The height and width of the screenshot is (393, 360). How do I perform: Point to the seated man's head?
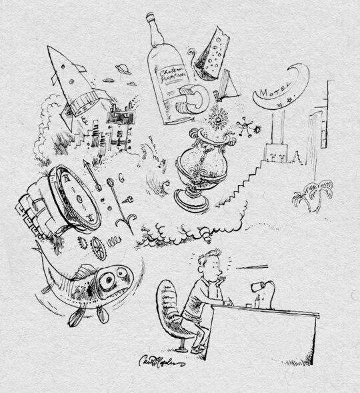click(x=210, y=263)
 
